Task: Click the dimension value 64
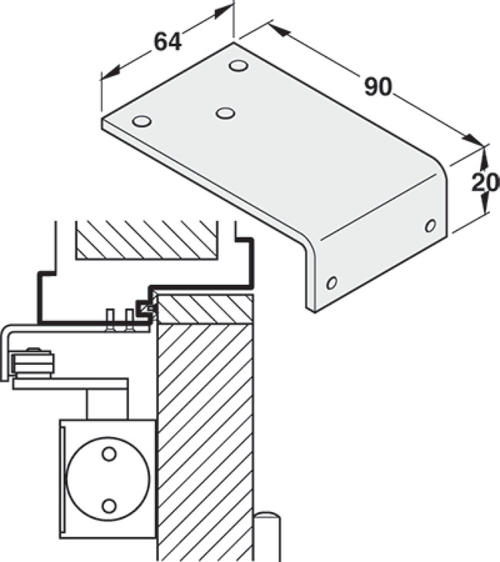168,42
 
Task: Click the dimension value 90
378,87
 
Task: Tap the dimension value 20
485,182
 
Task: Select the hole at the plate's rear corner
239,66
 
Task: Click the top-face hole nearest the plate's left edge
142,121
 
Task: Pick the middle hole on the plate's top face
226,113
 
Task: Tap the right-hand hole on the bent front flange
431,226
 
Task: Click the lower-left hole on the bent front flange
332,283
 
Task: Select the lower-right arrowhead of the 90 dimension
474,140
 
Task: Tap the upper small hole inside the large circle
109,453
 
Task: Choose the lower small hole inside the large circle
109,506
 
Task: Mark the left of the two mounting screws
110,320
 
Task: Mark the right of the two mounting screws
129,320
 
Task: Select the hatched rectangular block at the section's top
146,239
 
